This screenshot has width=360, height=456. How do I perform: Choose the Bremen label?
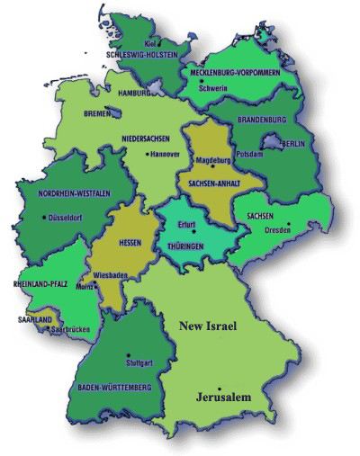coord(95,115)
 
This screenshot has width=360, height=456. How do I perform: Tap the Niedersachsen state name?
coord(147,139)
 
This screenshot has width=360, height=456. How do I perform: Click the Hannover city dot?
coord(148,153)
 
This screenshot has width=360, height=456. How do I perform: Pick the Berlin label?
coord(293,144)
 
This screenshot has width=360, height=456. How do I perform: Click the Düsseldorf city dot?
coord(44,217)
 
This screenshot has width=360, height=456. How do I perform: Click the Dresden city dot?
coord(289,224)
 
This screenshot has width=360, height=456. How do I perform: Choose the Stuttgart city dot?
coord(128,354)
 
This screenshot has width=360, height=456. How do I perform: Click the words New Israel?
coord(207,326)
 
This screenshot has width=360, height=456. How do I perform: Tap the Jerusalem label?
coord(224,397)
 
